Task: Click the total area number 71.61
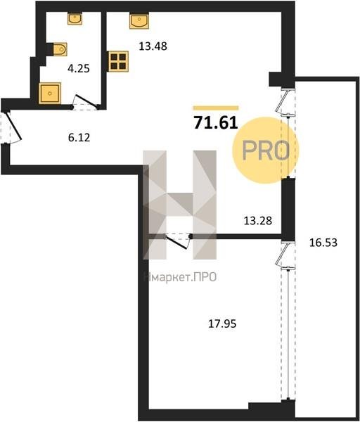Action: coord(216,123)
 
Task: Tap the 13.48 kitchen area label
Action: coord(153,46)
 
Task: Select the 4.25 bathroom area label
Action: coord(79,69)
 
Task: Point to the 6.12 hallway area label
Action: coord(79,138)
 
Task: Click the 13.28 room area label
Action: coord(258,221)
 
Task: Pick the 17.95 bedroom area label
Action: coord(222,324)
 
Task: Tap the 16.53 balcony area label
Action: coord(323,243)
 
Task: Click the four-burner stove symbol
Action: coord(118,61)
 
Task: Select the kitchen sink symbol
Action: coord(139,20)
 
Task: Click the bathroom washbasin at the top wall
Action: coord(75,18)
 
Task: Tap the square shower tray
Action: coord(50,94)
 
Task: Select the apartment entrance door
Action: coord(11,127)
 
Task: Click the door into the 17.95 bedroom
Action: coord(178,241)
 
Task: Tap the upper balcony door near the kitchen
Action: coord(285,102)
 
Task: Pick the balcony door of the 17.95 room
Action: coord(285,255)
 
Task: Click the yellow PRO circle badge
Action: coord(266,151)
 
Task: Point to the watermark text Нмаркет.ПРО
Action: coord(180,277)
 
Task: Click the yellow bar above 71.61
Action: coord(216,108)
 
